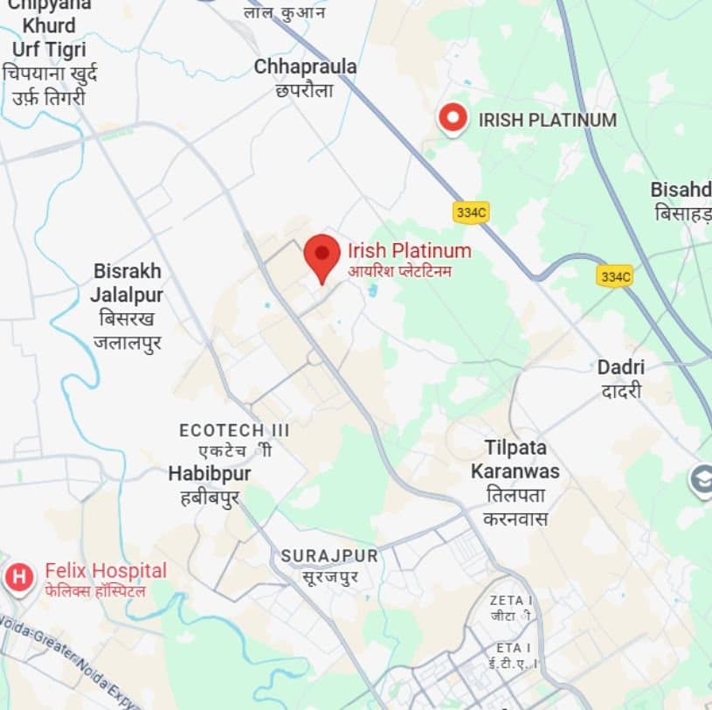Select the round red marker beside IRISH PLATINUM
click(x=453, y=119)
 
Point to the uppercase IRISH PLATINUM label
click(x=547, y=121)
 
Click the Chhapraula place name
click(x=305, y=67)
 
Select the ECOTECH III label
click(x=233, y=431)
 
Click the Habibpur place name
click(x=210, y=474)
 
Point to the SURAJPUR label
click(x=329, y=556)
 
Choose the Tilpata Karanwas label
click(x=515, y=460)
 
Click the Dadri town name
click(x=621, y=367)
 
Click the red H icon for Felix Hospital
click(x=18, y=577)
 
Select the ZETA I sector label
click(x=511, y=601)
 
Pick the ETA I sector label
click(x=513, y=648)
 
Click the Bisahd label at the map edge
click(x=681, y=190)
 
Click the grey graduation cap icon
click(x=702, y=480)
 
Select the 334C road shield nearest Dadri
click(x=615, y=276)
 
